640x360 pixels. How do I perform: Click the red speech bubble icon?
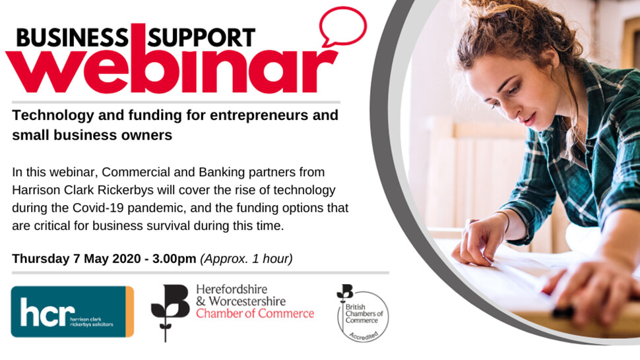343,26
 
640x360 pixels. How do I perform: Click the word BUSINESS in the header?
73,38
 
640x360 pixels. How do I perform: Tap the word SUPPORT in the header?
201,38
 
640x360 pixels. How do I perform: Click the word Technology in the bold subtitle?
53,116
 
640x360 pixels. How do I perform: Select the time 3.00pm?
174,259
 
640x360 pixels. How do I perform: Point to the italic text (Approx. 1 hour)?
246,259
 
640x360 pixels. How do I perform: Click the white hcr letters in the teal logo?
48,313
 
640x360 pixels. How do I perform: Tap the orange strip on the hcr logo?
129,311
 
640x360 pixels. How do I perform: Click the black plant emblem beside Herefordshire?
170,313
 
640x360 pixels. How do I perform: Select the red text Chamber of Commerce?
255,314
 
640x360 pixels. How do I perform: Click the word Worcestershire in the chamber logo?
247,301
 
